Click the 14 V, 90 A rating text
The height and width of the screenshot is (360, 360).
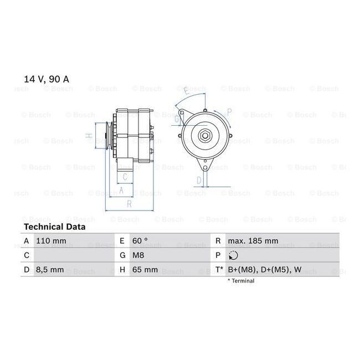point(47,79)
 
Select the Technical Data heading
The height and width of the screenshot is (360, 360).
point(55,227)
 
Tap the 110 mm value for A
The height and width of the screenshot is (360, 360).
point(51,241)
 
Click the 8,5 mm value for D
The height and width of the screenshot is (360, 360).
point(50,270)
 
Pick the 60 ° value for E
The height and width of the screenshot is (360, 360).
point(140,241)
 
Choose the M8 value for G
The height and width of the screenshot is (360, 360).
point(138,255)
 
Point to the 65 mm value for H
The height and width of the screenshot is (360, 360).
point(145,270)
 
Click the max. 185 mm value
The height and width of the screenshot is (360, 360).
point(253,241)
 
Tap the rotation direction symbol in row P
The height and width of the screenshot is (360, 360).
point(233,255)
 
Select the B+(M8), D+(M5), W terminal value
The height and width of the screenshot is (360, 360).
point(265,270)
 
